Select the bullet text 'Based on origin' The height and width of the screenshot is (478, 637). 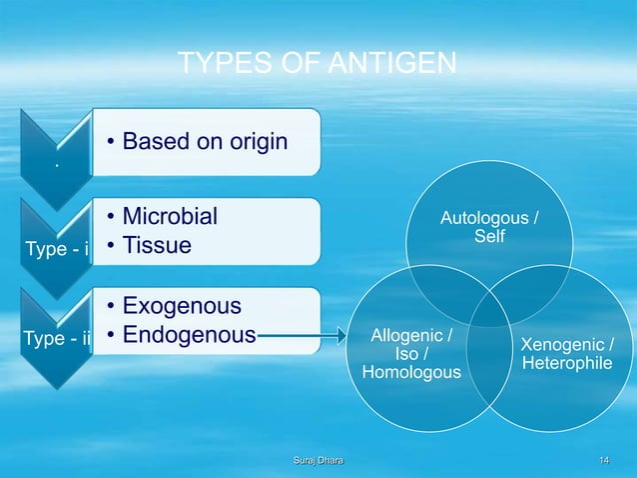point(205,141)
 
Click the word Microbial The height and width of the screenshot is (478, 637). point(170,217)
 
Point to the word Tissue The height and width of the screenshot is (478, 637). point(156,244)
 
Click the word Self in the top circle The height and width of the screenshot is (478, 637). point(489,235)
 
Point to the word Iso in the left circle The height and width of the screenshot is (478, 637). point(406,354)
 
